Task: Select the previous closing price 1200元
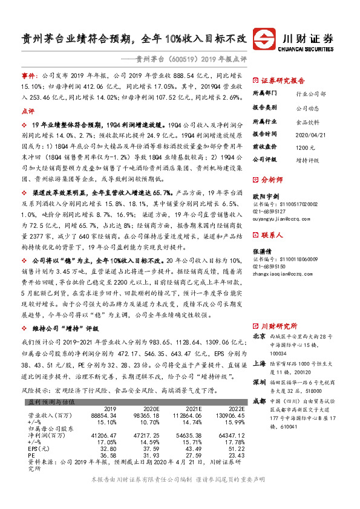(x=304, y=147)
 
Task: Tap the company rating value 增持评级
(x=308, y=160)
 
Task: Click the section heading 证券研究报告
(x=283, y=80)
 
